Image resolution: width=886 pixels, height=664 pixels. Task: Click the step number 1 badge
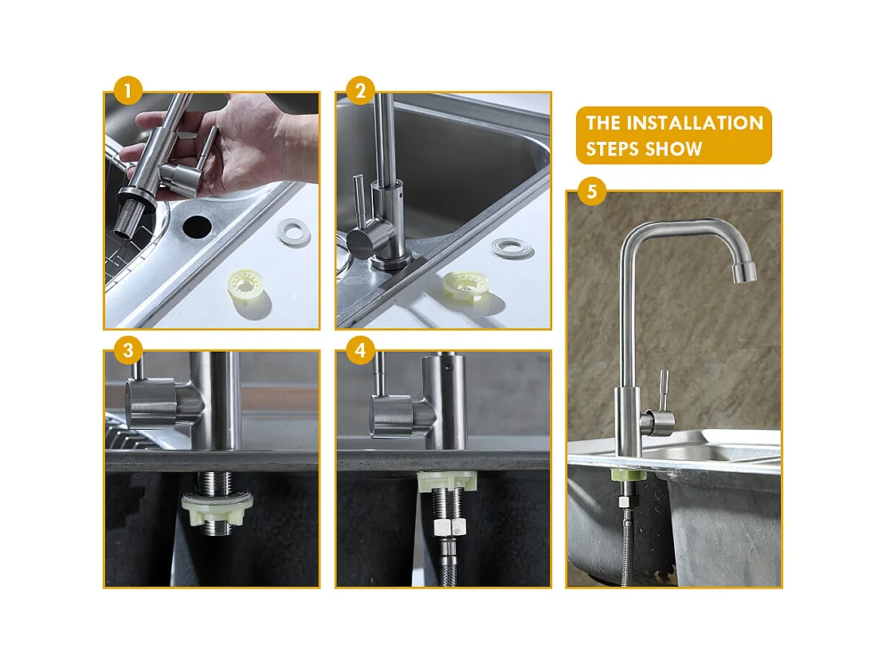[127, 90]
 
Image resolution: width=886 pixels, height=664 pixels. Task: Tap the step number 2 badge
[360, 90]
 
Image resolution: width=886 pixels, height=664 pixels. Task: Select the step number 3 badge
[127, 350]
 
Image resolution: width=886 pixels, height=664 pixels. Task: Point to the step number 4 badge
[360, 350]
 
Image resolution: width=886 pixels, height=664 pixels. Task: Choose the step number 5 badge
[592, 191]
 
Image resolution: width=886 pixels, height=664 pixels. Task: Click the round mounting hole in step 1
[198, 226]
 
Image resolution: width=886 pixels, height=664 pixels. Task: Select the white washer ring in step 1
[293, 231]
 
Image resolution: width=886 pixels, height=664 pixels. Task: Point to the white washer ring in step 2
[512, 248]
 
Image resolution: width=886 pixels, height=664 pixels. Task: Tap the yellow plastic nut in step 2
[465, 285]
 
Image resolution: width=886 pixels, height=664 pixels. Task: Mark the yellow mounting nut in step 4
[447, 481]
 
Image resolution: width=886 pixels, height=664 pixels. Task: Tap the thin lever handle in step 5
[662, 390]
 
